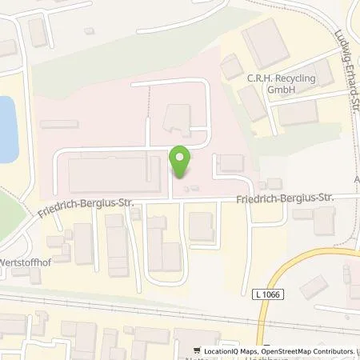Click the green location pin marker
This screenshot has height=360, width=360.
click(x=181, y=162)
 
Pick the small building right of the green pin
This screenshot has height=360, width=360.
click(x=230, y=163)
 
